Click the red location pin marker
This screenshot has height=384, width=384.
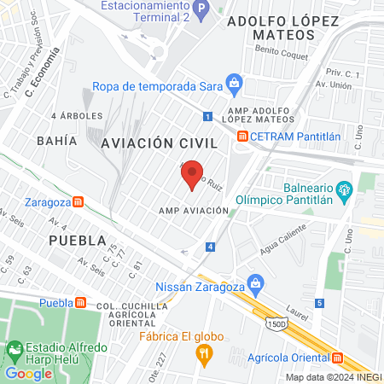(x=194, y=174)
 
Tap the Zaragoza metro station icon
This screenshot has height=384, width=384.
(x=78, y=202)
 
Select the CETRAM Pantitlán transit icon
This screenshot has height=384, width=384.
(x=243, y=135)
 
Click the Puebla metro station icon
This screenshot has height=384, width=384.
(x=80, y=302)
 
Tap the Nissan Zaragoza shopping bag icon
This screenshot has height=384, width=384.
(x=253, y=282)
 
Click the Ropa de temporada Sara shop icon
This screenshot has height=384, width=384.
(x=236, y=84)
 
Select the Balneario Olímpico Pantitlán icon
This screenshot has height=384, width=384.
(x=345, y=189)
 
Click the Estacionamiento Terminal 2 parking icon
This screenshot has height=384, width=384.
(x=201, y=11)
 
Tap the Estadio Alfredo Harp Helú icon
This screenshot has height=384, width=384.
(x=15, y=350)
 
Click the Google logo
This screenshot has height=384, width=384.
(x=29, y=373)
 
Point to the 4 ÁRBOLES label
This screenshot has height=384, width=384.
(x=77, y=115)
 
